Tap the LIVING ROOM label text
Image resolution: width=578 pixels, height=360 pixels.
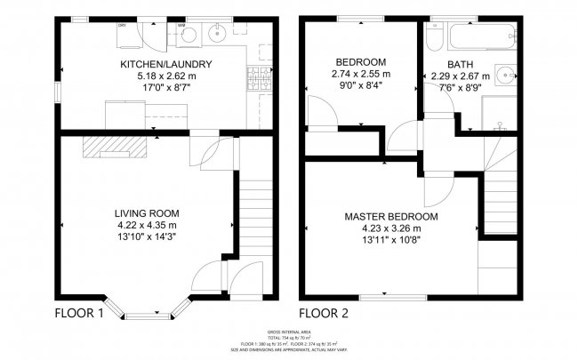point(147,213)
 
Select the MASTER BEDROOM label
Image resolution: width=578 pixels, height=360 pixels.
point(391,216)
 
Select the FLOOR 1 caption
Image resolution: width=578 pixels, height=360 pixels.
point(80,313)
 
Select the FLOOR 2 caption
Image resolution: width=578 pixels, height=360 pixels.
point(324,313)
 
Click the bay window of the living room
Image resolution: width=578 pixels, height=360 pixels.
point(149,310)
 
